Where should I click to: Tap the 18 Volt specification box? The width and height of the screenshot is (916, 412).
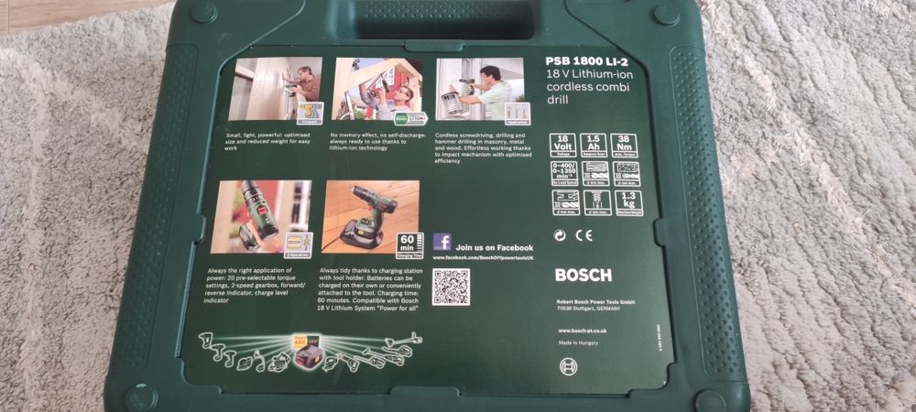coord(563,146)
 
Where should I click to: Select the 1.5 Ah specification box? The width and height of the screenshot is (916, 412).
coord(596,146)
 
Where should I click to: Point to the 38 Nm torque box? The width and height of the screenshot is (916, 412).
coord(629,146)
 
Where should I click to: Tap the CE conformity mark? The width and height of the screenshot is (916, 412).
coord(584,234)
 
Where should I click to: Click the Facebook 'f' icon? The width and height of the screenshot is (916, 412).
coord(442,243)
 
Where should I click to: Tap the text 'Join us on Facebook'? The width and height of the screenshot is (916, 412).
coord(495,247)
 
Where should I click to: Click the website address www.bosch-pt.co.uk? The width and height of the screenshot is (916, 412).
coord(583,330)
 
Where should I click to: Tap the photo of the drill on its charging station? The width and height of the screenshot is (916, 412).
coord(370,216)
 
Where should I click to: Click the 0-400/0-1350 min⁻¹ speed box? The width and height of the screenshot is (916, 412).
coord(563,174)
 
